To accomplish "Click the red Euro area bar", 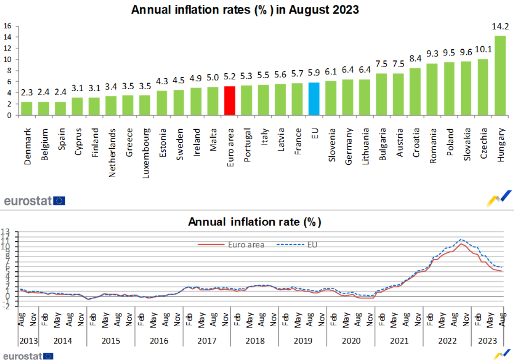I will pyautogui.click(x=229, y=101).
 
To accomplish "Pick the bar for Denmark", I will pyautogui.click(x=27, y=108).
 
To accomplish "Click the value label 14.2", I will pyautogui.click(x=500, y=27).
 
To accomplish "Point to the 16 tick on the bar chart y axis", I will pyautogui.click(x=7, y=26).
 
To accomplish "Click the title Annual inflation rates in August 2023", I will pyautogui.click(x=245, y=10).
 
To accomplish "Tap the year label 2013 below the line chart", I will pyautogui.click(x=28, y=341).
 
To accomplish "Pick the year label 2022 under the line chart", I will pyautogui.click(x=447, y=341).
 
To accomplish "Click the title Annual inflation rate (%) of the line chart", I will pyautogui.click(x=254, y=222).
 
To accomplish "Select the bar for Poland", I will pyautogui.click(x=449, y=88).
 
